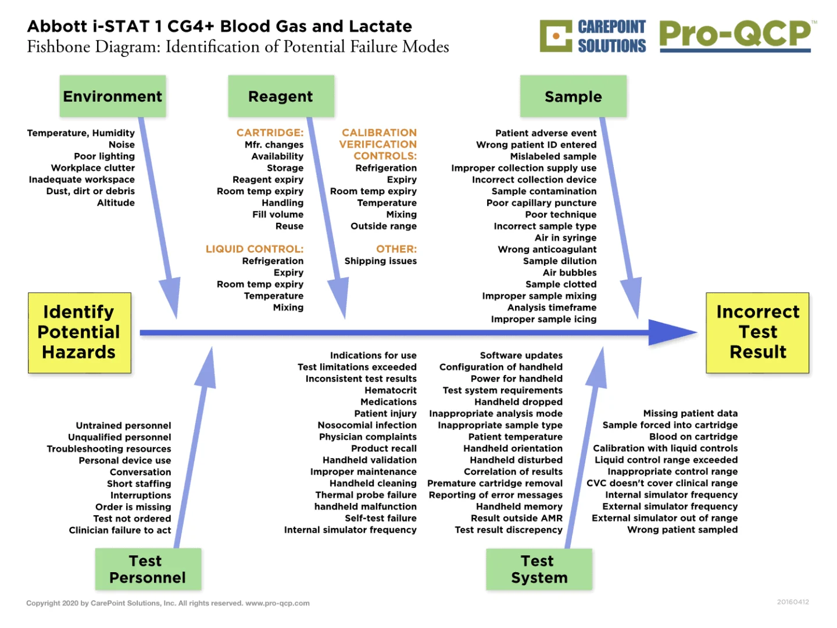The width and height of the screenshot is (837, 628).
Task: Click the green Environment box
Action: pyautogui.click(x=113, y=97)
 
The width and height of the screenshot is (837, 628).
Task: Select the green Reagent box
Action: pyautogui.click(x=281, y=97)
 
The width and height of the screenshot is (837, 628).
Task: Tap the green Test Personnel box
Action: pyautogui.click(x=148, y=569)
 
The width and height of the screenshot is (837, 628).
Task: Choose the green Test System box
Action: pyautogui.click(x=539, y=569)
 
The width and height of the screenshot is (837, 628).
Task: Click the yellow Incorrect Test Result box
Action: pyautogui.click(x=757, y=332)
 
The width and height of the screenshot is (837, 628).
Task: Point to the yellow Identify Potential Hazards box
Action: pyautogui.click(x=79, y=332)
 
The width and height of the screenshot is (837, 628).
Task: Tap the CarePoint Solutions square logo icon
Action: pyautogui.click(x=556, y=36)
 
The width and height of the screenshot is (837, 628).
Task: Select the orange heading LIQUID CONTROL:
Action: pyautogui.click(x=255, y=249)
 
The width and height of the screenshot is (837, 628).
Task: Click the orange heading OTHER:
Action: pyautogui.click(x=396, y=249)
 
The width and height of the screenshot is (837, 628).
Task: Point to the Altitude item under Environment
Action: pyautogui.click(x=116, y=203)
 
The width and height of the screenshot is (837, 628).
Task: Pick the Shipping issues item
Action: pyautogui.click(x=381, y=261)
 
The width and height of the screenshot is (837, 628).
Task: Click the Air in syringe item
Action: pyautogui.click(x=566, y=238)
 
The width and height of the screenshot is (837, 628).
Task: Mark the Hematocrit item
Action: pyautogui.click(x=391, y=390)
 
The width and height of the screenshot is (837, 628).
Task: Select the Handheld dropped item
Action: pyautogui.click(x=518, y=402)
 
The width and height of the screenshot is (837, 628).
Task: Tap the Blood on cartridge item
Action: pyautogui.click(x=693, y=437)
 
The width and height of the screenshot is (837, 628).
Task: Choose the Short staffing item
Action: pyautogui.click(x=139, y=484)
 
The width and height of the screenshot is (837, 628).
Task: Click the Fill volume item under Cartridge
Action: pyautogui.click(x=278, y=215)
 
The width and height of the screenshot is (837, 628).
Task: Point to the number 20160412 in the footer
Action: pyautogui.click(x=793, y=602)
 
